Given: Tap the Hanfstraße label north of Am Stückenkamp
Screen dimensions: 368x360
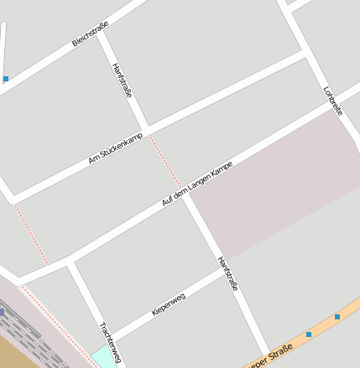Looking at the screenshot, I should point(123,80).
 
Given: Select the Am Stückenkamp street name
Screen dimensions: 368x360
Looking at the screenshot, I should point(117,148).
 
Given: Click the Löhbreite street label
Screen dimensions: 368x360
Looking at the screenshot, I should point(333,100).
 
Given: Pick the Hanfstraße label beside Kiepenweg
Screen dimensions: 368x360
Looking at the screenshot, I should point(228,274).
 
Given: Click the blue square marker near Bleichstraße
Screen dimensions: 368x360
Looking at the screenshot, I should point(6,79).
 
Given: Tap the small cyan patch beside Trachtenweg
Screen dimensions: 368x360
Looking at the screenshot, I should point(103,356).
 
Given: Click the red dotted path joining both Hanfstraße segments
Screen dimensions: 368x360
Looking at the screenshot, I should point(165,161).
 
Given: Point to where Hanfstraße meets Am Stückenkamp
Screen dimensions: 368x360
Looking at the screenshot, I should point(146,132).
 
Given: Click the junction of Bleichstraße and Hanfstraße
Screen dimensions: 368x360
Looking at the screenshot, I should point(107,39).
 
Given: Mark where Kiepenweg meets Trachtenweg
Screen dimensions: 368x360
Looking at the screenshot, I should point(109,336).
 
